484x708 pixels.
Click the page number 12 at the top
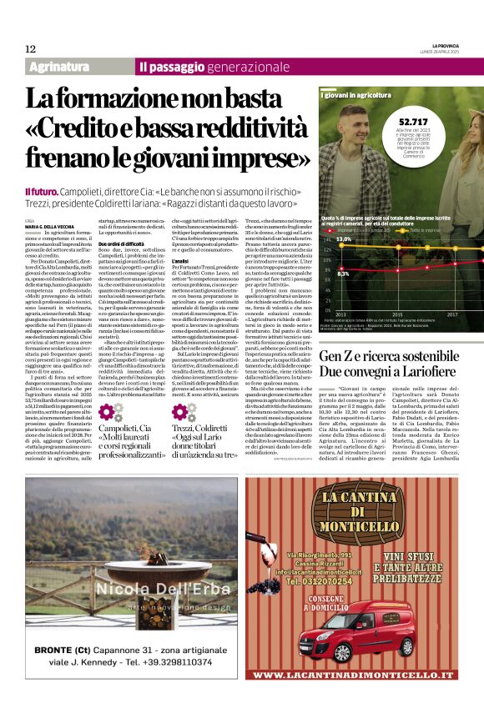click(x=30, y=48)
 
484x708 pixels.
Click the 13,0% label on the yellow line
click(x=343, y=239)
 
